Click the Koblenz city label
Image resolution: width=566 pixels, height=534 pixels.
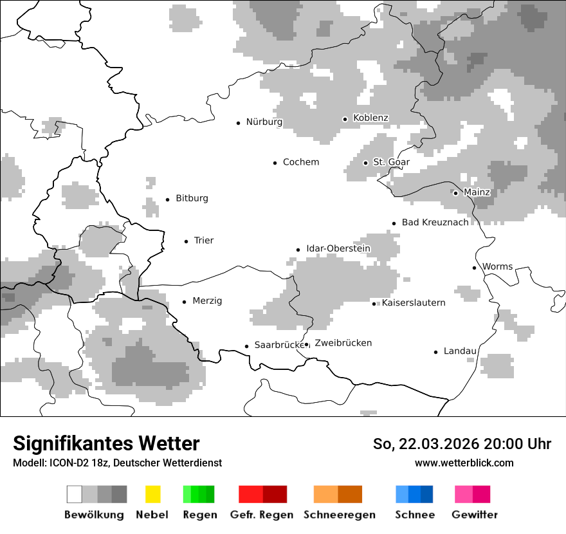(x=370, y=118)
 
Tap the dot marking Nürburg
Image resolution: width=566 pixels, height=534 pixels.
(x=238, y=122)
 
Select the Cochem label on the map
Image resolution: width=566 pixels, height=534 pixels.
(x=301, y=162)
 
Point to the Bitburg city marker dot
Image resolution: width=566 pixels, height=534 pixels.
(x=167, y=199)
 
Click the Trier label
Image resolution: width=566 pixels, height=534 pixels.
(x=204, y=241)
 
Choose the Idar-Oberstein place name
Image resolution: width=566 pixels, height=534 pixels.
(x=338, y=248)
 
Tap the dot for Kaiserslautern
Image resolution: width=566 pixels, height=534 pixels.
(x=374, y=304)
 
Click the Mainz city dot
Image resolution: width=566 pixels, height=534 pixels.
(x=455, y=193)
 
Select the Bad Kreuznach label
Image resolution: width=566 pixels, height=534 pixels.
(x=435, y=223)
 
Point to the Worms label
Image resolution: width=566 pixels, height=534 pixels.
(x=498, y=266)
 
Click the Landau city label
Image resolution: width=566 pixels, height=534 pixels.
(x=461, y=351)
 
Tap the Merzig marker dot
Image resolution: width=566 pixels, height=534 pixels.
(x=184, y=301)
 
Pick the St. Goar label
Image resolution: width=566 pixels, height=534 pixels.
(x=392, y=162)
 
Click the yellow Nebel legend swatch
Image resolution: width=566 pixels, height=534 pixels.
(x=152, y=494)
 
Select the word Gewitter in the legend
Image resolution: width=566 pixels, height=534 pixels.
(x=475, y=515)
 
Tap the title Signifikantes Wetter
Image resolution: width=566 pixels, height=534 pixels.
(x=106, y=443)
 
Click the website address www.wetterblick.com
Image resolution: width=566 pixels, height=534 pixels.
(x=464, y=463)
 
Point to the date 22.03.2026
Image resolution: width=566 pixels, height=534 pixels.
(x=439, y=444)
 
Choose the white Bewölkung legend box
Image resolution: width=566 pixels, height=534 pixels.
(x=75, y=494)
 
